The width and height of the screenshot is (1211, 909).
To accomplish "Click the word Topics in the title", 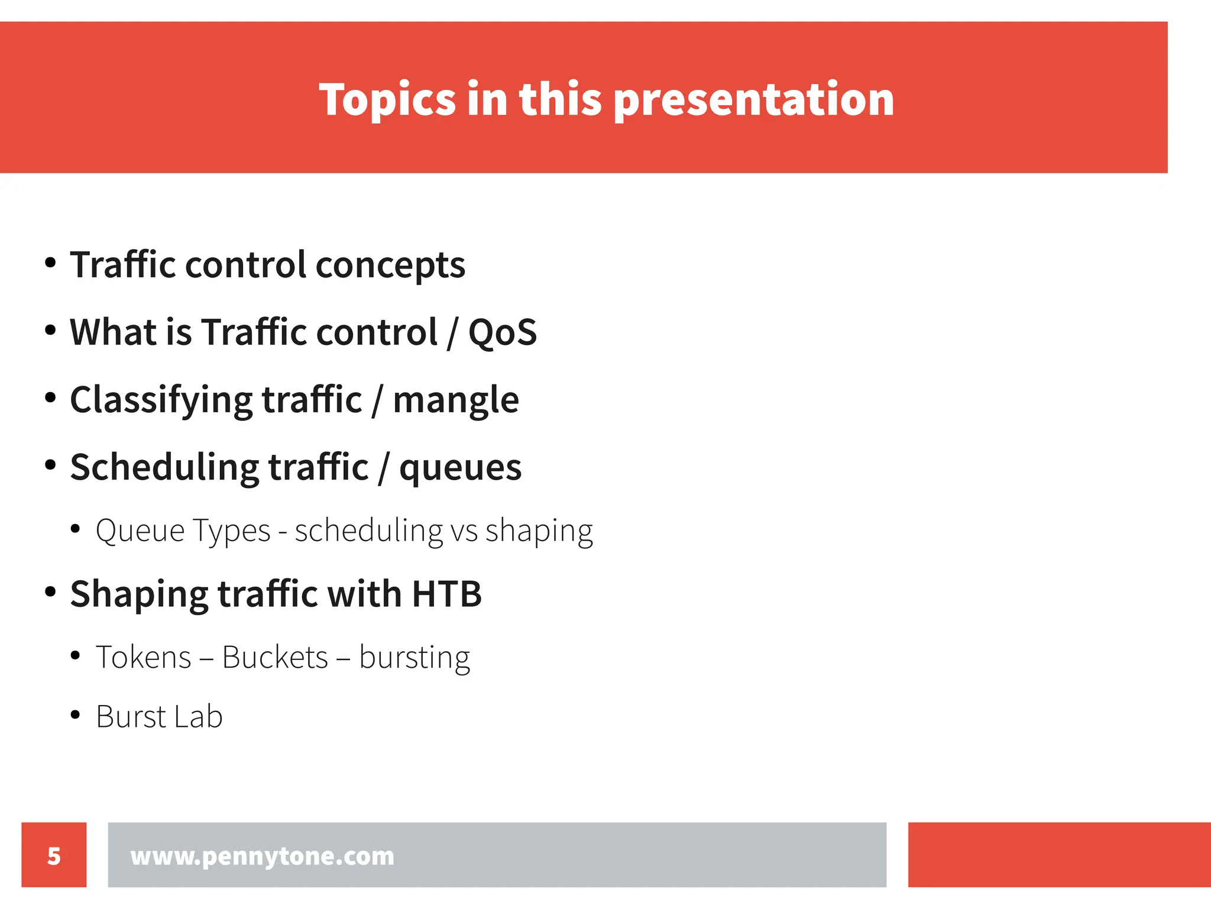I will point(387,99).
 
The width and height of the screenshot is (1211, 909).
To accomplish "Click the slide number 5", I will point(54,856).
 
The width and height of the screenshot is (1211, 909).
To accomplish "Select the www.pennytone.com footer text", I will point(262,856).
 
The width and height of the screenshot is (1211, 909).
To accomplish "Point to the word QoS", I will point(503,332).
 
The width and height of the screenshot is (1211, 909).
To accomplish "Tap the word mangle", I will point(456,400).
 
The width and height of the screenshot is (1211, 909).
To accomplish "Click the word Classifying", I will point(161,400).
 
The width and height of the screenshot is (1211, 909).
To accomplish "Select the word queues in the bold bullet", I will point(460,467).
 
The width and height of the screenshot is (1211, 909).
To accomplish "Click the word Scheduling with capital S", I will point(164,467).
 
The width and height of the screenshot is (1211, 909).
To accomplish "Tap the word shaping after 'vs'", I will point(539,530).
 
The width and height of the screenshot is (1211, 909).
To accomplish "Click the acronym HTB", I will point(446,594).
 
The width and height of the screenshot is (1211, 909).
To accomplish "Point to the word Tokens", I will point(144,657).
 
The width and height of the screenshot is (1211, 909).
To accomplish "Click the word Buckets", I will point(275,657).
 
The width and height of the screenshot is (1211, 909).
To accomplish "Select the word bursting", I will point(415,657).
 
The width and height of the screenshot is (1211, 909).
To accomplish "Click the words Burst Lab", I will point(159,717).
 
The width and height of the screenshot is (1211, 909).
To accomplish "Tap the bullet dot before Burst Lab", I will point(75,715).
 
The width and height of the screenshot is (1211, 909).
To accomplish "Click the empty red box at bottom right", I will point(1059,854).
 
